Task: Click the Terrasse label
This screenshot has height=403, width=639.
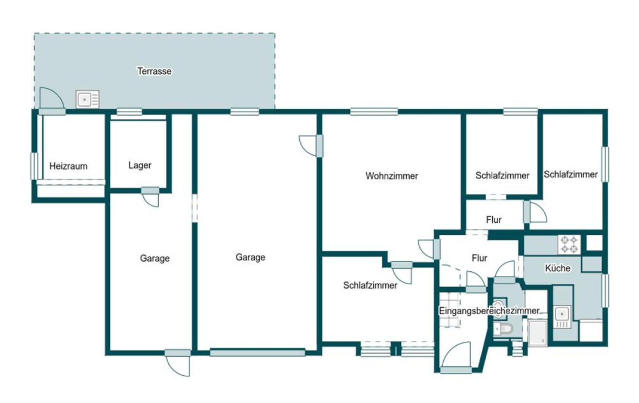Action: [x=155, y=71]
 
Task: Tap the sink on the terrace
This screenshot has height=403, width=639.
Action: [x=87, y=100]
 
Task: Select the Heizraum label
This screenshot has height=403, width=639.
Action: [x=69, y=166]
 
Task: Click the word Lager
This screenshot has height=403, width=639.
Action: [x=140, y=165]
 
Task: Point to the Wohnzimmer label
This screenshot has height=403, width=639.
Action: [x=392, y=176]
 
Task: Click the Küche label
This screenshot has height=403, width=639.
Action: [x=558, y=268]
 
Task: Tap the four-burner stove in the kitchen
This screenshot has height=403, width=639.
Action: [x=569, y=245]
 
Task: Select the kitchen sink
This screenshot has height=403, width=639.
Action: [x=562, y=317]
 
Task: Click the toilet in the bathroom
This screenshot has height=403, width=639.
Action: [x=503, y=330]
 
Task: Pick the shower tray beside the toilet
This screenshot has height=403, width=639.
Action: [x=537, y=333]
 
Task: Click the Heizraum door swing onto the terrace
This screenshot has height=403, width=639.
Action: [x=52, y=99]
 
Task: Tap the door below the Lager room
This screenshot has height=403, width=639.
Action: [x=150, y=197]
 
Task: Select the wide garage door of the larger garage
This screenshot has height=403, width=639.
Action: [x=258, y=353]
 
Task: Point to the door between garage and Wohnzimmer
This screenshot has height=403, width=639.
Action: [x=311, y=146]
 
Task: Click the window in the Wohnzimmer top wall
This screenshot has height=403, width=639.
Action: [x=374, y=112]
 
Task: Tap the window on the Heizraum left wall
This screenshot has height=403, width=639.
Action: [x=34, y=166]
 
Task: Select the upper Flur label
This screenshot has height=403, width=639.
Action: [x=494, y=220]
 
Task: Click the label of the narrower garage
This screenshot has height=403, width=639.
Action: [x=155, y=258]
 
